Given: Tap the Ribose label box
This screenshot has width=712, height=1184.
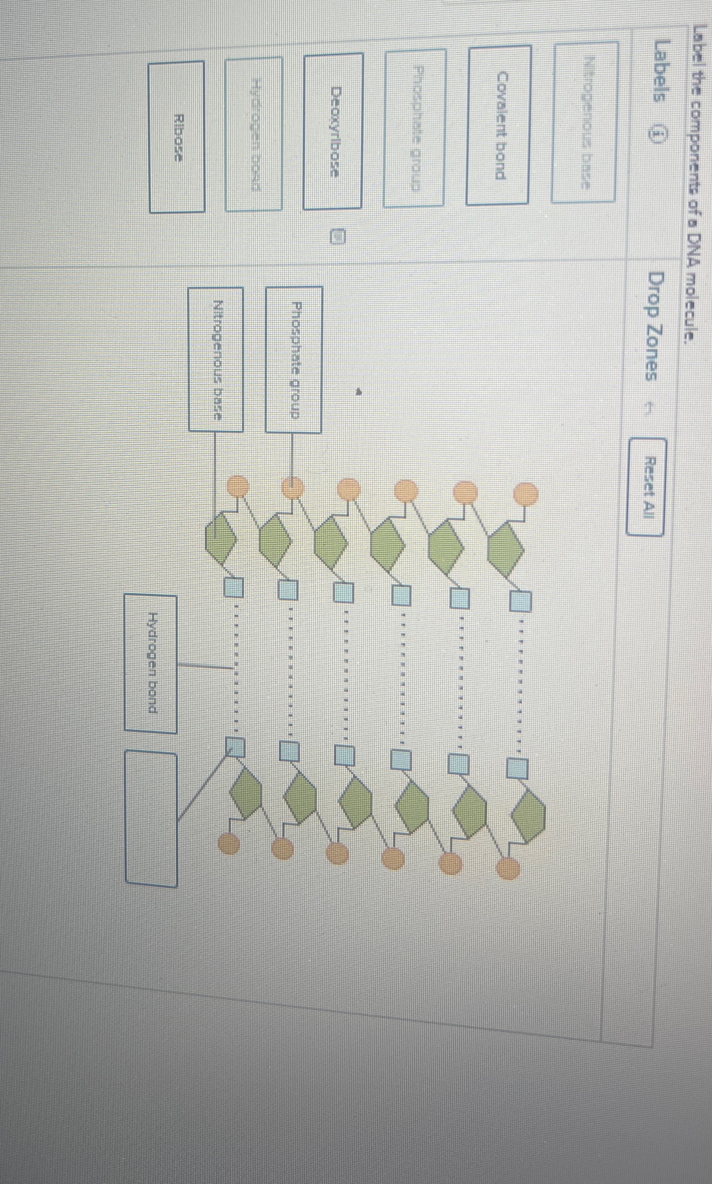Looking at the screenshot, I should [177, 137].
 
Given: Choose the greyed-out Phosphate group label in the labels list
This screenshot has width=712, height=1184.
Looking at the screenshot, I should [415, 127].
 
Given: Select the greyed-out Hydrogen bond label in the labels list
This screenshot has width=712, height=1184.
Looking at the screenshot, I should [253, 134].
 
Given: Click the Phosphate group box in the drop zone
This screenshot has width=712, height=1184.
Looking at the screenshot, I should [294, 360].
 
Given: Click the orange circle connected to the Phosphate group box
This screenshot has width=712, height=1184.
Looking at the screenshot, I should [292, 489].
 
